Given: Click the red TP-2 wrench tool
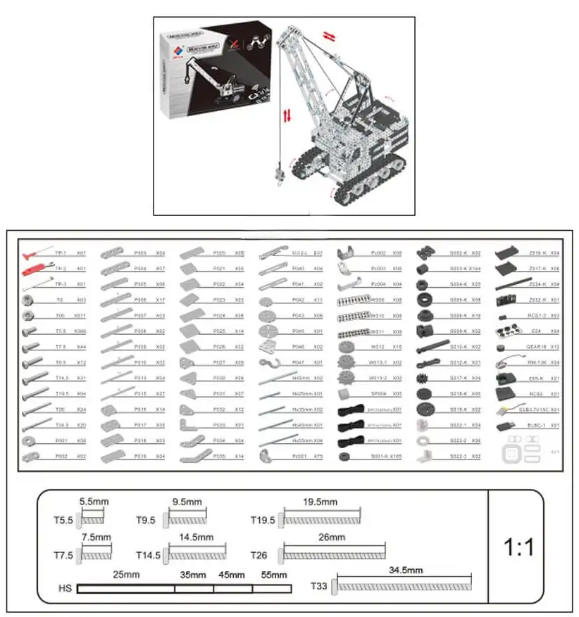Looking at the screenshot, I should [32, 269].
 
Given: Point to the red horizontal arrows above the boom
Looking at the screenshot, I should [329, 34].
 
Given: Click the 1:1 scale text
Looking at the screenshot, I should [519, 547].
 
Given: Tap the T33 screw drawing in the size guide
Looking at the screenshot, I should [404, 584].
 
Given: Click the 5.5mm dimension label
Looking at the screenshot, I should [94, 502].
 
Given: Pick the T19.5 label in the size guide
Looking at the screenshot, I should [263, 520].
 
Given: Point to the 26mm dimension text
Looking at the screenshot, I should [334, 537].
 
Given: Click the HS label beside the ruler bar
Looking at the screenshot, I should [65, 588].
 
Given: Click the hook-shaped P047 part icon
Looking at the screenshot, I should [268, 362].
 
